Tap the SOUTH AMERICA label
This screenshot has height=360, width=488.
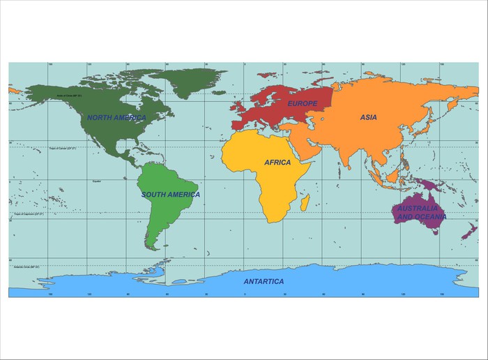(170, 195)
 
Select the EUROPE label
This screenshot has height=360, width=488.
(302, 103)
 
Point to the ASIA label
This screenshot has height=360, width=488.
(368, 117)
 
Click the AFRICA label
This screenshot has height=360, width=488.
(277, 162)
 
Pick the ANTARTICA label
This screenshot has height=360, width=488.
(264, 281)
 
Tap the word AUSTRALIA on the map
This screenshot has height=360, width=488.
(418, 209)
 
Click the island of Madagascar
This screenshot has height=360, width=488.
(305, 202)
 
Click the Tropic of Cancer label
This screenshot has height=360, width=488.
(62, 148)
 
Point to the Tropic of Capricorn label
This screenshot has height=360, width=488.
(29, 214)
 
